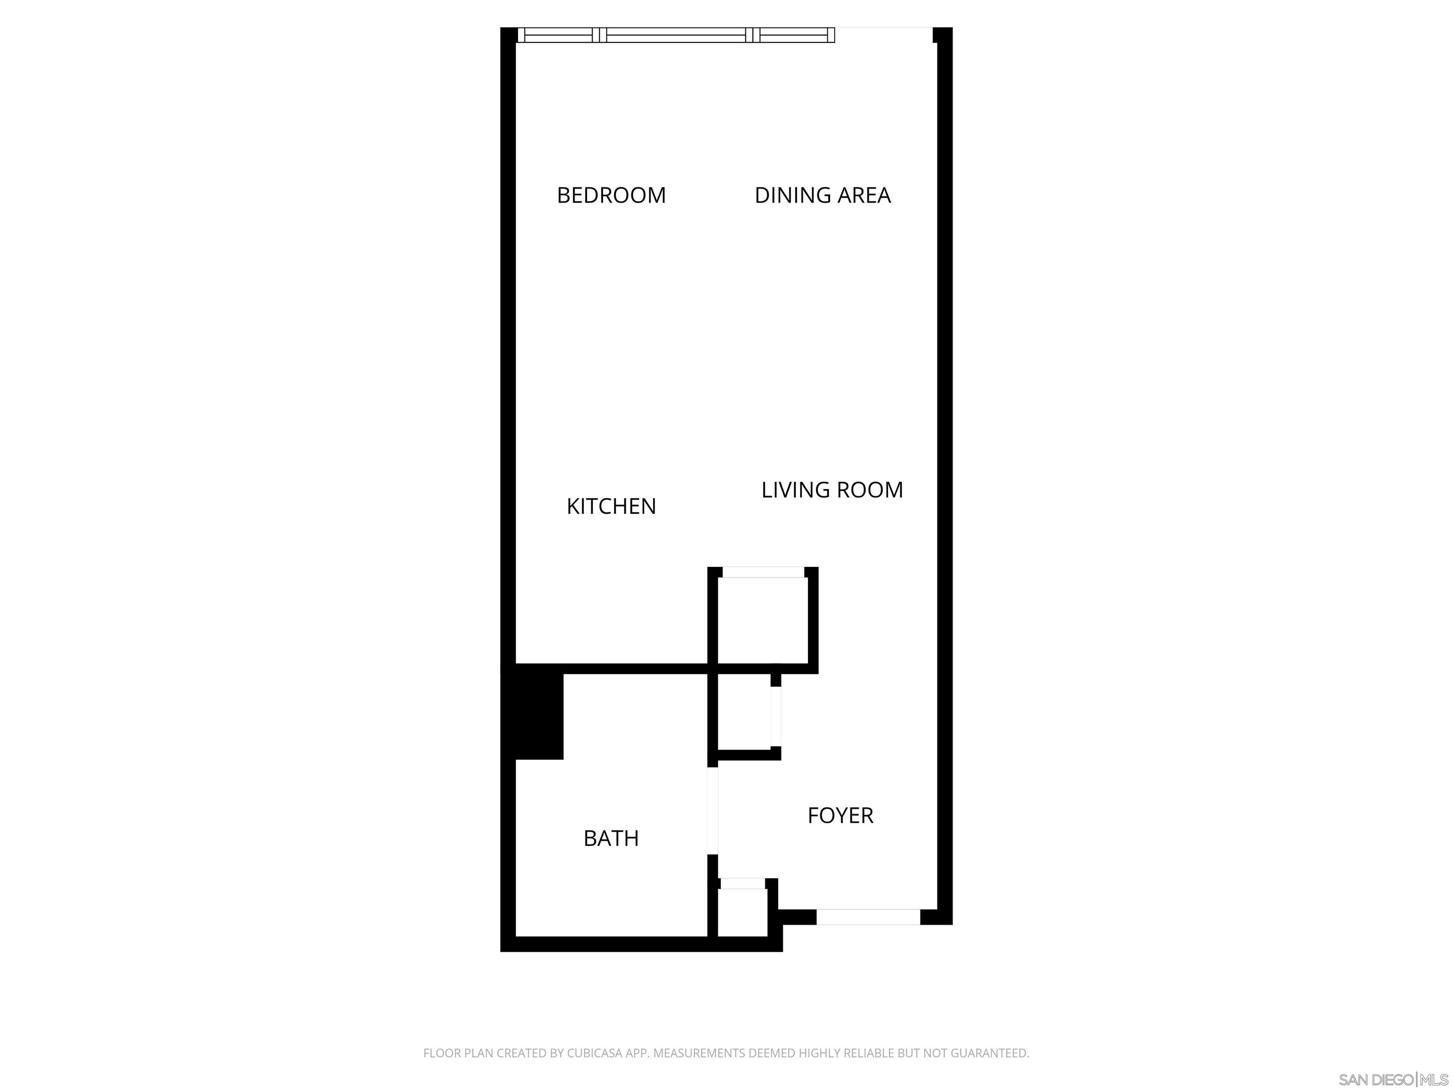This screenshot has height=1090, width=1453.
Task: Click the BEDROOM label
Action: [611, 195]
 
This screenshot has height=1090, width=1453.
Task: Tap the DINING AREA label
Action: [823, 195]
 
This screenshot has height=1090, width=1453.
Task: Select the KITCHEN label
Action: [611, 506]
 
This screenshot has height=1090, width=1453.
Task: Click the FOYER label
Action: [840, 815]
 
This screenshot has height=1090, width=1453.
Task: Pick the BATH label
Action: [611, 838]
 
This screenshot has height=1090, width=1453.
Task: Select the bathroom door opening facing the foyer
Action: [713, 811]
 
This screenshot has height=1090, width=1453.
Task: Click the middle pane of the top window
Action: [676, 35]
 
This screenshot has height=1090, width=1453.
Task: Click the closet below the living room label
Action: [762, 620]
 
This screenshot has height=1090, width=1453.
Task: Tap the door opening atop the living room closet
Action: [762, 573]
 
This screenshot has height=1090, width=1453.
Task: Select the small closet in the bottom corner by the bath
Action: [742, 912]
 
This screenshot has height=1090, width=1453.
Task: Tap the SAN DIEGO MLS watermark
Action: [1392, 1080]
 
